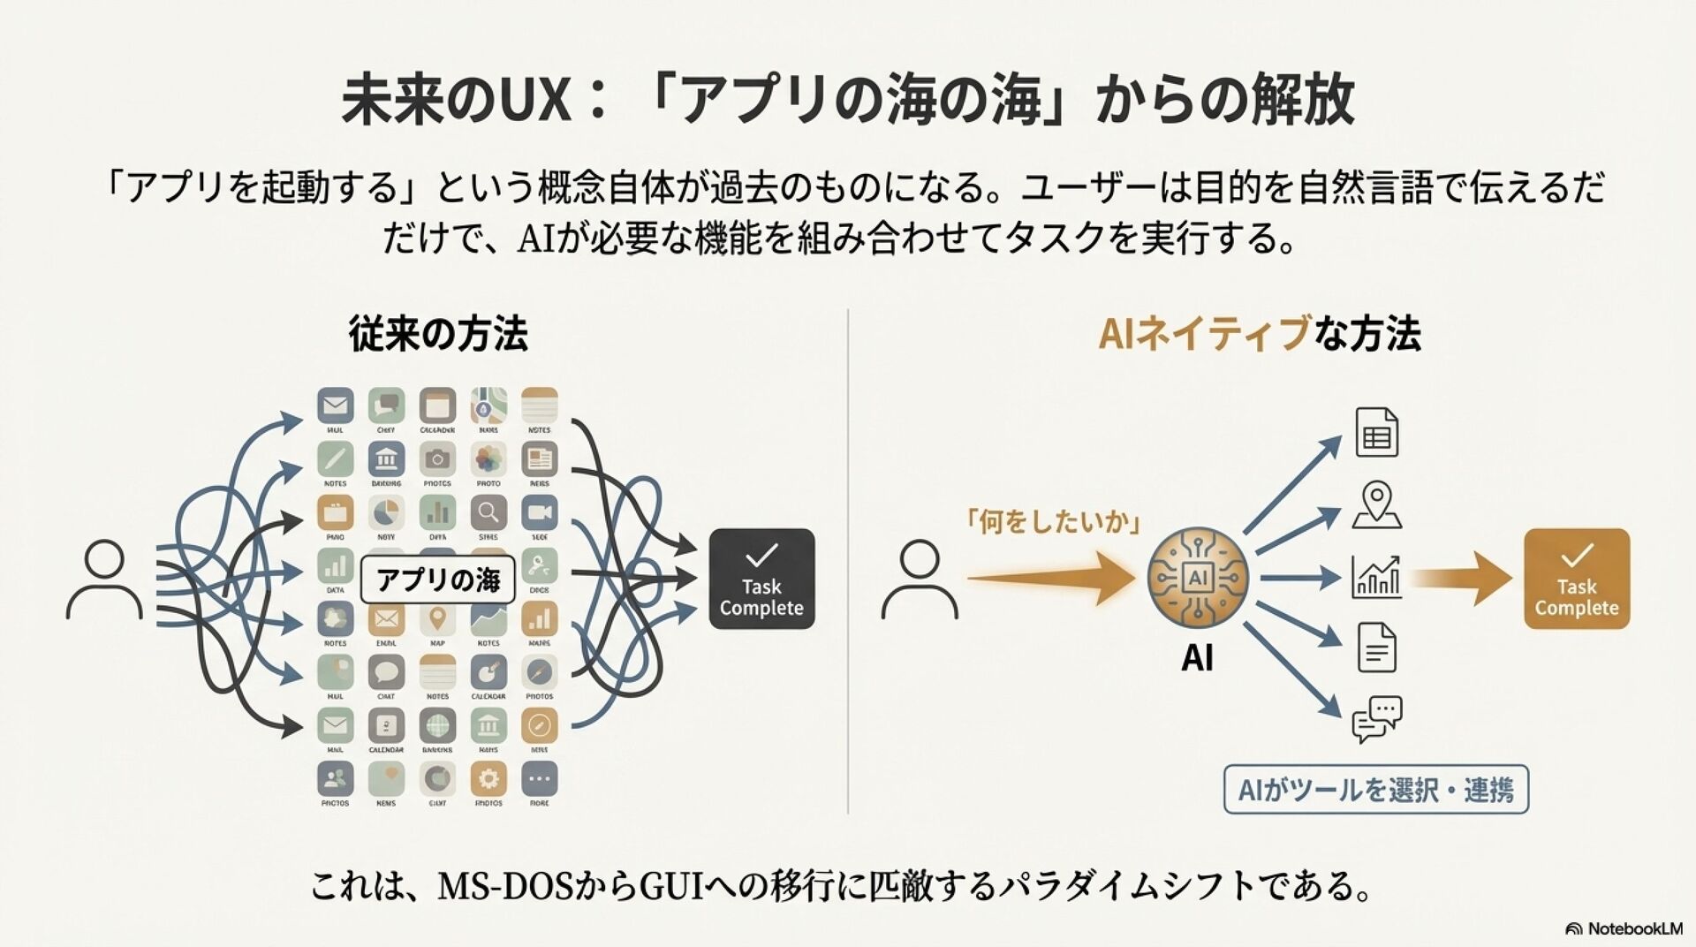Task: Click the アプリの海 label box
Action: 437,580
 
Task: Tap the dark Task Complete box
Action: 761,579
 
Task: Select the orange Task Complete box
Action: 1577,579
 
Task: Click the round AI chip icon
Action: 1198,578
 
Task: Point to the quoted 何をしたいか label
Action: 1054,522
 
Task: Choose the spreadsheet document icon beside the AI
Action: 1376,432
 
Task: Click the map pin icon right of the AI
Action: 1376,504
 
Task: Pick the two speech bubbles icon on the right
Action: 1376,719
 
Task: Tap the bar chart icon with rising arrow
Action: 1376,576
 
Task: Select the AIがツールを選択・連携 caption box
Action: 1375,789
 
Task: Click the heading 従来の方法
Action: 438,334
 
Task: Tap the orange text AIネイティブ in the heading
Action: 1203,334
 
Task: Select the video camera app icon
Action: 539,512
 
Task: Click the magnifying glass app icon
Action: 488,512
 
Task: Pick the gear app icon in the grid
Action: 488,778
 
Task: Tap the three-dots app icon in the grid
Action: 539,778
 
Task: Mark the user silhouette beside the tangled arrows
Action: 104,580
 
